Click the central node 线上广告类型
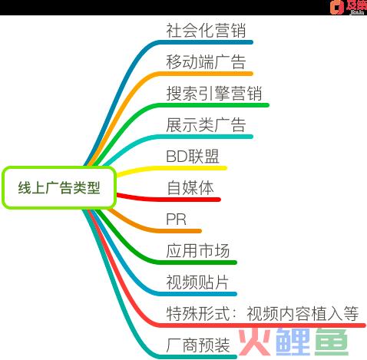pos(59,187)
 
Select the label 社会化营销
pos(206,31)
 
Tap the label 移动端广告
pos(206,62)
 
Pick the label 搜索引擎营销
pos(214,94)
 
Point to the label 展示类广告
pos(206,125)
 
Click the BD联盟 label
pos(193,157)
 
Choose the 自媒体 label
pos(190,188)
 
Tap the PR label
pos(176,220)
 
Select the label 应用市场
pos(197,250)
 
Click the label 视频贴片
pos(197,282)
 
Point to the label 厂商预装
pos(197,345)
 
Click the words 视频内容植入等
pos(303,313)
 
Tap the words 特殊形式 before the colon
pos(197,313)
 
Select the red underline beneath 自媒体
pos(168,198)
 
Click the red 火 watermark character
pos(254,342)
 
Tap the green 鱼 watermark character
pos(332,342)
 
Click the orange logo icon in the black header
pos(337,7)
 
